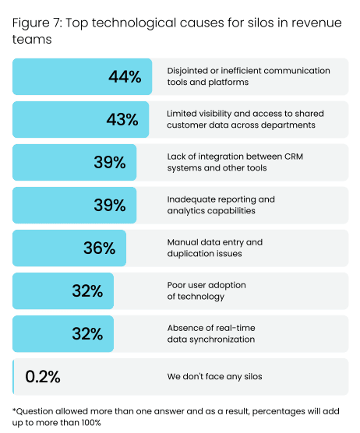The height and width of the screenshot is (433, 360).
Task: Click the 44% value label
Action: pos(125,76)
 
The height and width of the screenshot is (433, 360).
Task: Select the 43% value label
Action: pos(122,119)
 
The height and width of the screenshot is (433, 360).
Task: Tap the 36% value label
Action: pos(99,248)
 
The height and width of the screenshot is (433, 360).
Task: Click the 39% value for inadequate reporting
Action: pos(109,205)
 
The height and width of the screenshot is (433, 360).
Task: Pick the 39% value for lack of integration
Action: pos(109,162)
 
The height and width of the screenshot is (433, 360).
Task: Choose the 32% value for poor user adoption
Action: pos(87,290)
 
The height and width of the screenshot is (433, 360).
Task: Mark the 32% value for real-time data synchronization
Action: pos(87,333)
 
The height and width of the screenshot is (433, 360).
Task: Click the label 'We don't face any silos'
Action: pos(214,377)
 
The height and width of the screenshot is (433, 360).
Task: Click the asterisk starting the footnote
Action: pos(14,410)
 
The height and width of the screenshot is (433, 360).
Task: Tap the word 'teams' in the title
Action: pos(30,39)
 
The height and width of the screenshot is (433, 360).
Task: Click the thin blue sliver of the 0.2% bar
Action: pos(13,376)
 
